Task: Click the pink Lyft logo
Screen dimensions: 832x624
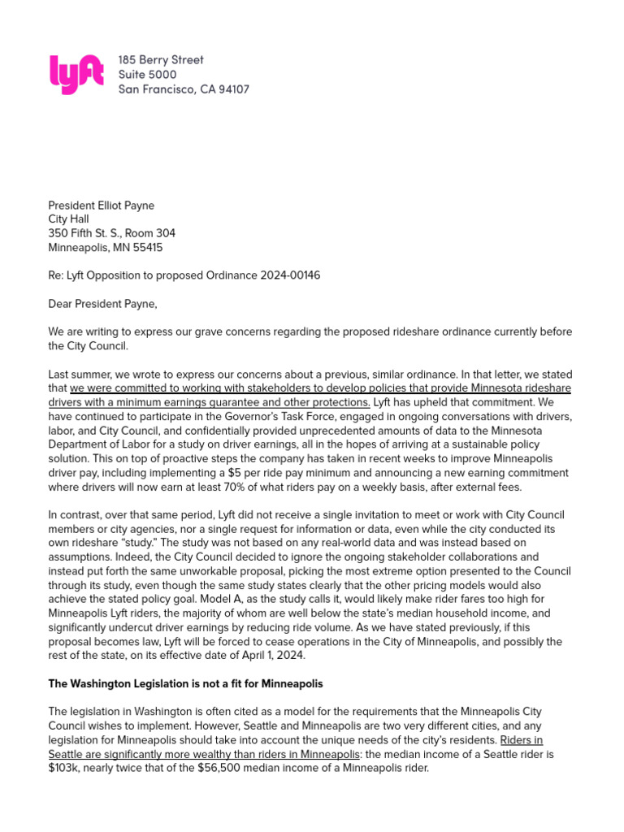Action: tap(76, 74)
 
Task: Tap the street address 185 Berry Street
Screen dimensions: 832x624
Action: tap(161, 60)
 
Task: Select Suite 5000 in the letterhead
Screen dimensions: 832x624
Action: tap(147, 75)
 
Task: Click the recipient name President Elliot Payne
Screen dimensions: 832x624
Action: tap(101, 206)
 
